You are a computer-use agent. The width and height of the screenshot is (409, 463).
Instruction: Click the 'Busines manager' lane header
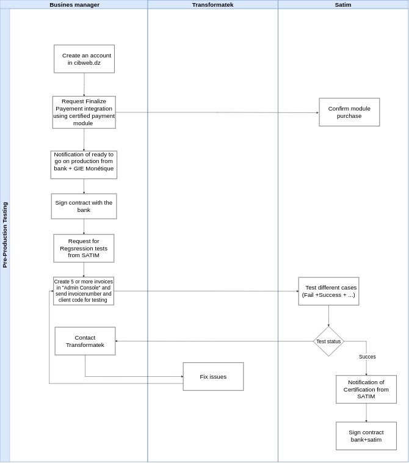click(74, 4)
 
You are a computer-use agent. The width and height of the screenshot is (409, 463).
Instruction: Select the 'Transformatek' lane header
click(212, 4)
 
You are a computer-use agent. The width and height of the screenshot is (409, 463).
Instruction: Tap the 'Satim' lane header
click(342, 4)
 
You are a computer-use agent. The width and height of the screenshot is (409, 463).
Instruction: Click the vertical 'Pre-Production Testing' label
click(5, 235)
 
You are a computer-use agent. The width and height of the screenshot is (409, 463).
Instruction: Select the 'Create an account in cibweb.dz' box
click(84, 59)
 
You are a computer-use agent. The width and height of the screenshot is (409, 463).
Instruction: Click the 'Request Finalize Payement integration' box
click(84, 112)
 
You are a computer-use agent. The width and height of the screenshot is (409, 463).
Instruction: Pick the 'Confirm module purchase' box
click(349, 112)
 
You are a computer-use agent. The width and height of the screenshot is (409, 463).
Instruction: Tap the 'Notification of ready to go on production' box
click(84, 165)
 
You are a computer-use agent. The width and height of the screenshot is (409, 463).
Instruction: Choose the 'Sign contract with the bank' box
click(84, 206)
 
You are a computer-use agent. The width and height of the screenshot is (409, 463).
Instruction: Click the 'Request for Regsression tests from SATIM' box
click(84, 248)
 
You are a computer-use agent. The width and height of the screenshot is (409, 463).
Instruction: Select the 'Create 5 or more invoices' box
click(84, 291)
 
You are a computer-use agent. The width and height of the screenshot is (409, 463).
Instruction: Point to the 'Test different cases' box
click(328, 291)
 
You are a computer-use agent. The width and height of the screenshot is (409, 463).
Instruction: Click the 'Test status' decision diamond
click(328, 341)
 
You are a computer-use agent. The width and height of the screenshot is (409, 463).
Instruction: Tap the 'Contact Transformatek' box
click(85, 341)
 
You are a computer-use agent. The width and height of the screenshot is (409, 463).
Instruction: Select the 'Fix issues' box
click(213, 376)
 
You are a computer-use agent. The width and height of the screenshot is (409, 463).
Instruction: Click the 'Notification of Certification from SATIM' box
click(366, 389)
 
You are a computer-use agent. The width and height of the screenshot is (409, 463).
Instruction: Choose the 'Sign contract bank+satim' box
click(366, 436)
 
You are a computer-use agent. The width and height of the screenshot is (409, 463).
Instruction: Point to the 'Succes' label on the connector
click(367, 357)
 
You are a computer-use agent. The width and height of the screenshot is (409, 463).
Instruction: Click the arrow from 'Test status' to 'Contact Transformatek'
click(214, 341)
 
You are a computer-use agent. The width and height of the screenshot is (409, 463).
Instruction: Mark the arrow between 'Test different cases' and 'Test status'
click(328, 315)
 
